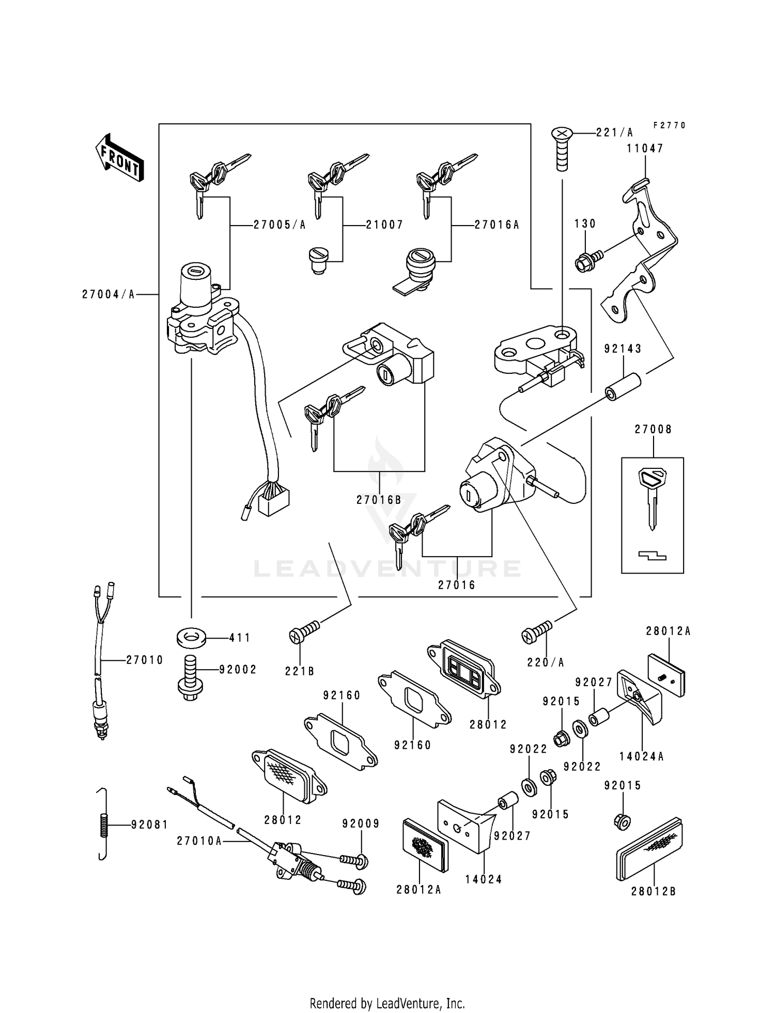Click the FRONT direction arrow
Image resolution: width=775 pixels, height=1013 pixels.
tap(119, 158)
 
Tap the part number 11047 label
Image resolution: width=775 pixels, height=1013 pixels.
tap(645, 149)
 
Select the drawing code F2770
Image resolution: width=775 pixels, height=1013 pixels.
tap(669, 125)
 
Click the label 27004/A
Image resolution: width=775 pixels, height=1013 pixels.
tap(108, 294)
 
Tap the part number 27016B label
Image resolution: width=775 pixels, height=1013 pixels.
tap(379, 500)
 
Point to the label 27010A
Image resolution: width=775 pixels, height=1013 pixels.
tap(199, 841)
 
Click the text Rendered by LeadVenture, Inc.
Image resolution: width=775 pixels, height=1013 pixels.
tap(387, 1003)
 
